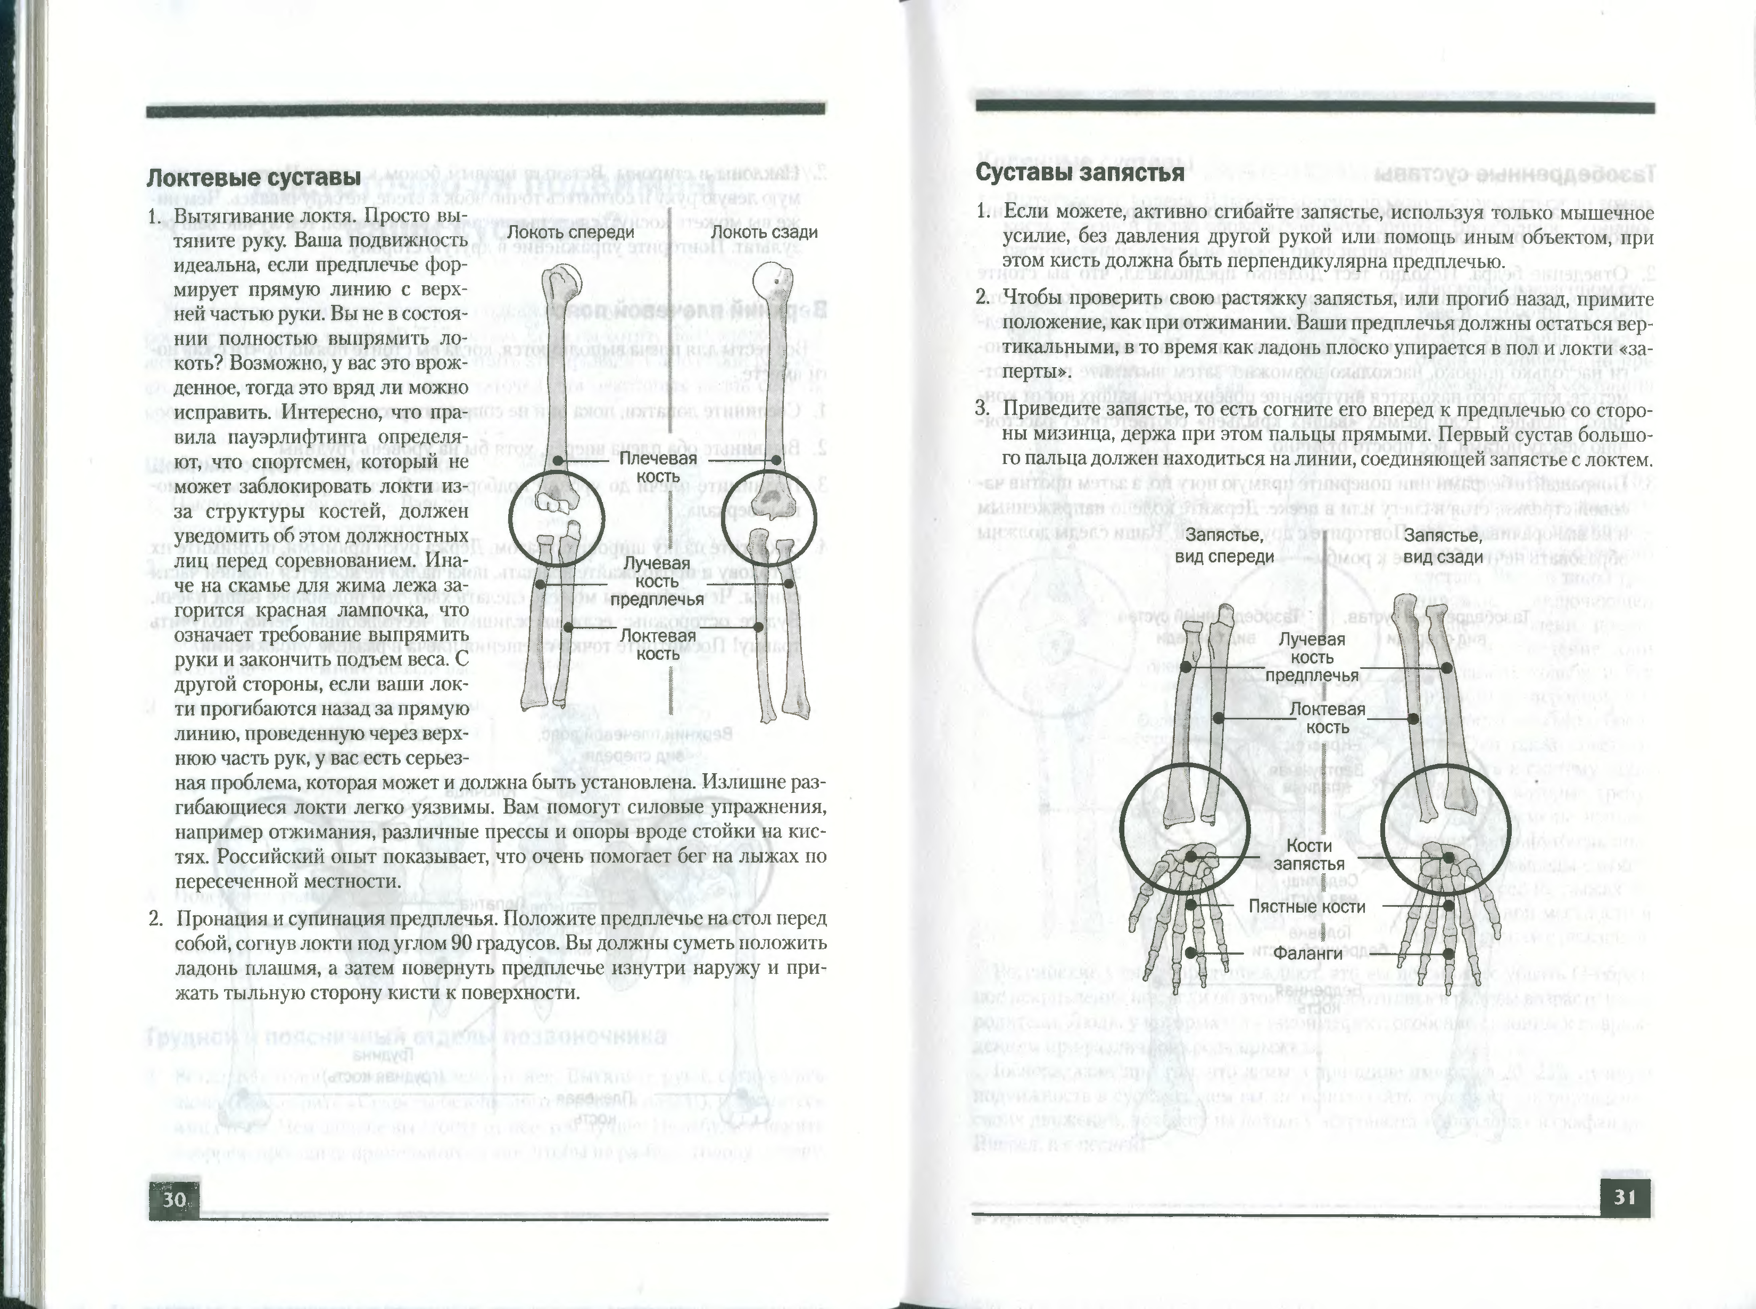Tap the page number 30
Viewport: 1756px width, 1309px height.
tap(175, 1199)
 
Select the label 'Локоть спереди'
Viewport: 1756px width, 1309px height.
tap(570, 232)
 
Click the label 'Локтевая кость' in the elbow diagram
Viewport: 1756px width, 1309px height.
tap(658, 644)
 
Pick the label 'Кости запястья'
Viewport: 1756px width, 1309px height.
tap(1309, 854)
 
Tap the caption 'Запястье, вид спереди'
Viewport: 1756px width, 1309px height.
tap(1229, 546)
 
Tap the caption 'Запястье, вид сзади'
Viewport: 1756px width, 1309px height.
tap(1442, 546)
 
